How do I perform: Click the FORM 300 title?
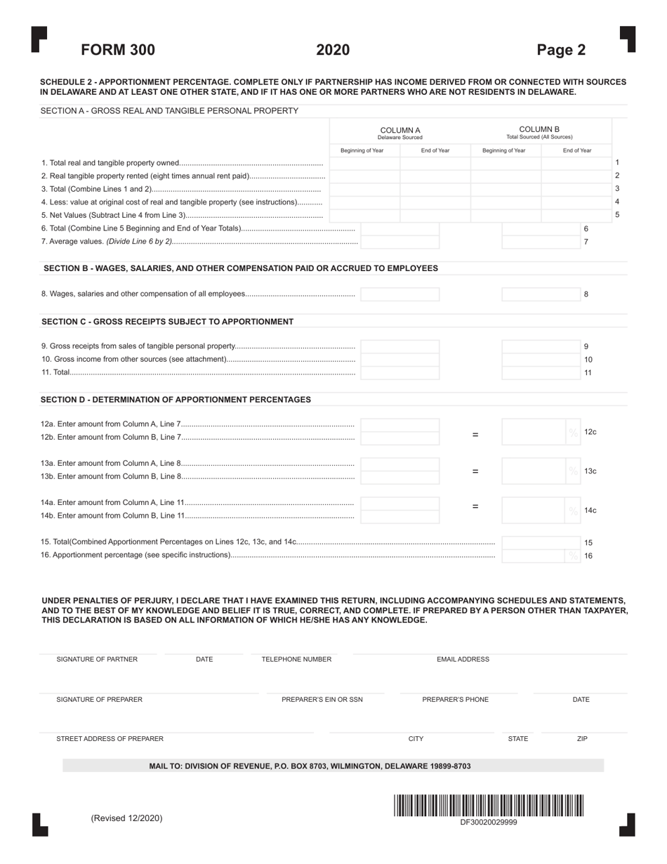[x=118, y=50]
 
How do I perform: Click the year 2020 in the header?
[x=333, y=50]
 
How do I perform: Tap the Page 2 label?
[x=560, y=50]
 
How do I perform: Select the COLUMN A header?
[x=399, y=133]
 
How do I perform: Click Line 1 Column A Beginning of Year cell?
[x=364, y=164]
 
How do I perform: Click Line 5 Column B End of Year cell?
[x=576, y=215]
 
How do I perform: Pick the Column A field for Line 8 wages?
[x=399, y=294]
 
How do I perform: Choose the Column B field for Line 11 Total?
[x=541, y=373]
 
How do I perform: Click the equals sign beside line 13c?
[x=475, y=471]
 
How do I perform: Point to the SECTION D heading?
[x=176, y=400]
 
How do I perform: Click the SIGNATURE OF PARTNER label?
[x=97, y=660]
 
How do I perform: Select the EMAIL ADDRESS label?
[x=463, y=660]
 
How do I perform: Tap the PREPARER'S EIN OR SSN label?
[x=322, y=700]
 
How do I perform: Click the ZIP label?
[x=582, y=739]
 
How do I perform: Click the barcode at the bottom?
[x=488, y=805]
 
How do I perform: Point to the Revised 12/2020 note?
[x=126, y=818]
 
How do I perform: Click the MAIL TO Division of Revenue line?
[x=310, y=766]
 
